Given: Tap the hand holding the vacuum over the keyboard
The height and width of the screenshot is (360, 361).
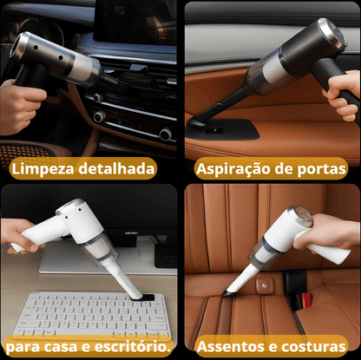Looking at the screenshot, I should coord(17,232).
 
